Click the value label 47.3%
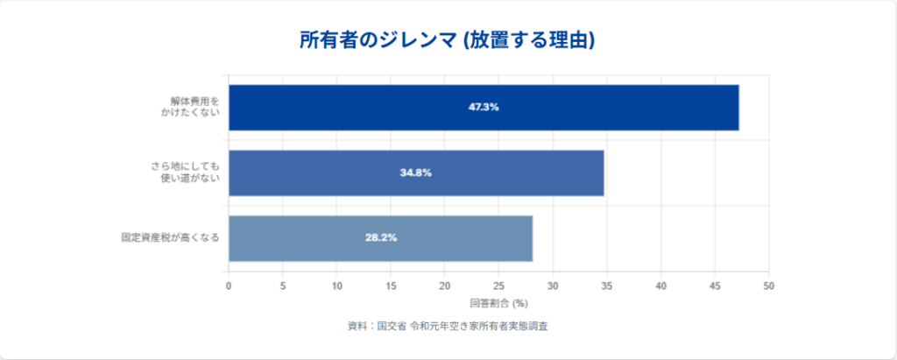pos(484,107)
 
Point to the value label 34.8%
pos(415,173)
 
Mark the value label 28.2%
pos(380,237)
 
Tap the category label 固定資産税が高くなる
pos(170,237)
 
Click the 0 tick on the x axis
pos(229,286)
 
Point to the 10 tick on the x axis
pos(336,286)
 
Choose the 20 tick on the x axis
pos(445,286)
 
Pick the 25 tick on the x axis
pos(498,286)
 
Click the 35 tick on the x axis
pos(607,286)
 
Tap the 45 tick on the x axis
pos(715,286)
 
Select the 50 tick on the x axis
pos(769,286)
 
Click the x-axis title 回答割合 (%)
pos(498,303)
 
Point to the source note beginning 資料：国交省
pos(448,326)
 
